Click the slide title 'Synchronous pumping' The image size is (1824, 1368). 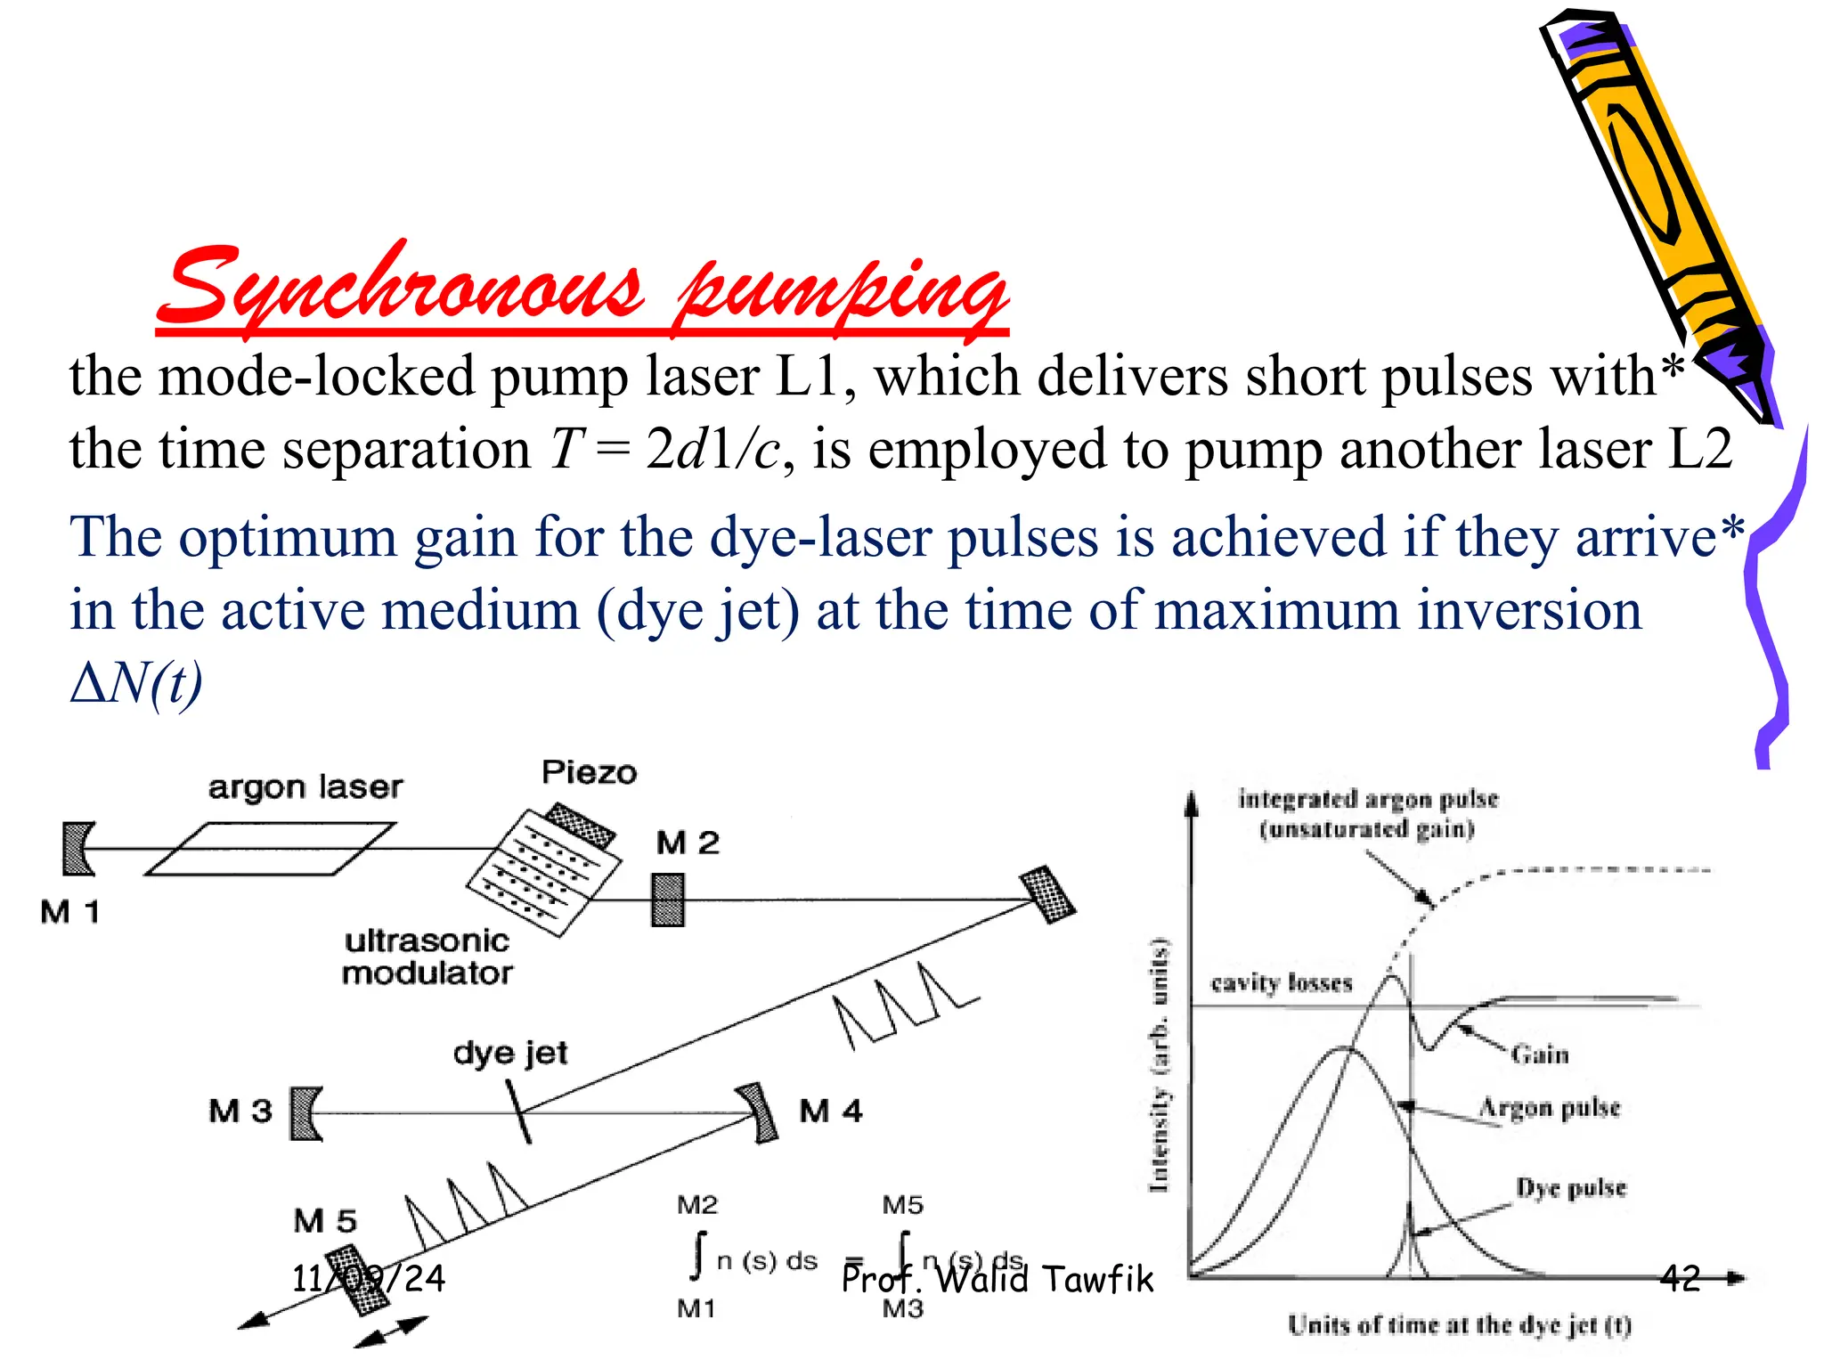[583, 289]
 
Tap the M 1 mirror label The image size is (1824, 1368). [70, 911]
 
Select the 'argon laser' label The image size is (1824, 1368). [305, 786]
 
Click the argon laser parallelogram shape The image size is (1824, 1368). [269, 849]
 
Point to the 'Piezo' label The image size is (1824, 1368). [590, 771]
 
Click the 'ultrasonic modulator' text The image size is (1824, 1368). [427, 957]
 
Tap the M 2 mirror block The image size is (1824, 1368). [668, 900]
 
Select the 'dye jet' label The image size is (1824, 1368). [510, 1053]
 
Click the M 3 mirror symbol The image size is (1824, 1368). [306, 1113]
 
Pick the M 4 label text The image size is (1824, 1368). [831, 1111]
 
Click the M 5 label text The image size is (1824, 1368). [325, 1220]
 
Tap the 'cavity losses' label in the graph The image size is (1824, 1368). [1282, 982]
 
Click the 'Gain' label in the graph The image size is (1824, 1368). [1540, 1054]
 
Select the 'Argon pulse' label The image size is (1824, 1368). [1550, 1107]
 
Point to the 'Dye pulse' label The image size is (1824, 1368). [1572, 1188]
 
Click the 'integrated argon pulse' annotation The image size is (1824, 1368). [1368, 799]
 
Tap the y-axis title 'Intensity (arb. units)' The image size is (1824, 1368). [1159, 1064]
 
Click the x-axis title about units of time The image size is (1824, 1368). [1460, 1325]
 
